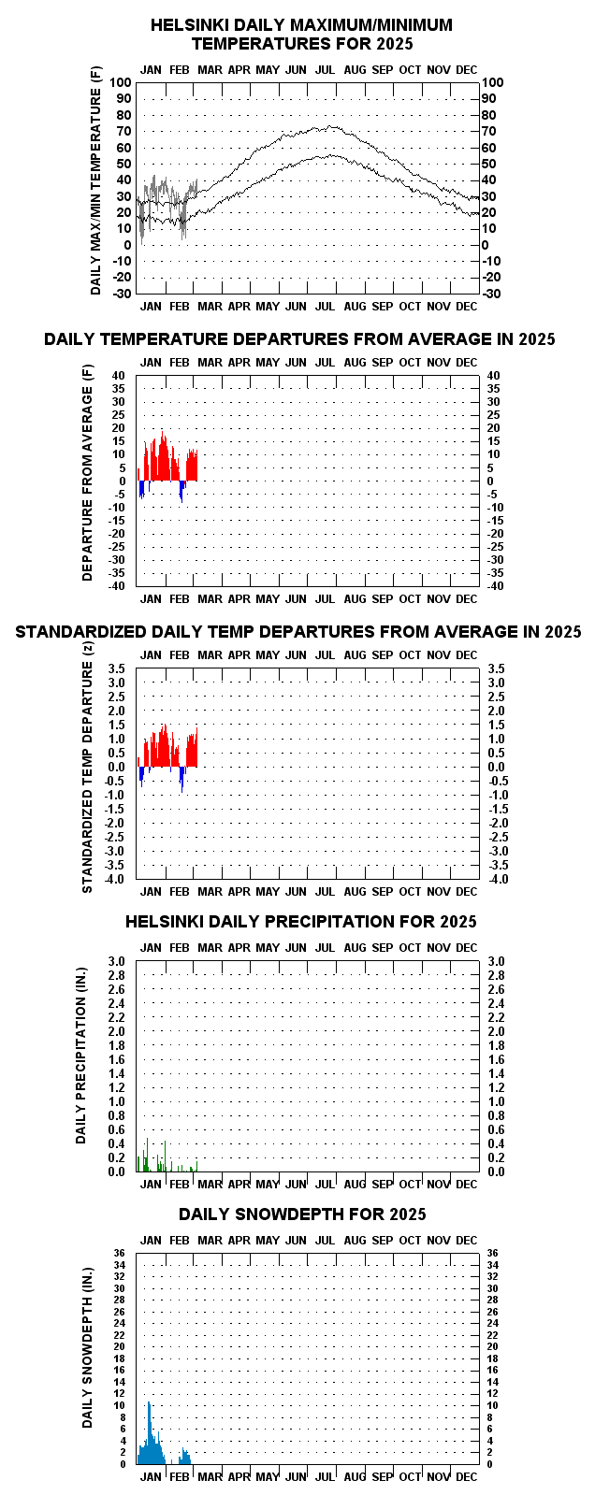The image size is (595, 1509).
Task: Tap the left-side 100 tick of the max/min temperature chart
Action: pyautogui.click(x=120, y=83)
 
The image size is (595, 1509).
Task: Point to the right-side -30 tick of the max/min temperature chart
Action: pyautogui.click(x=491, y=294)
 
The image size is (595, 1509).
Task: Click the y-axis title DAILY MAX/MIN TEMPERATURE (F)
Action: pyautogui.click(x=95, y=180)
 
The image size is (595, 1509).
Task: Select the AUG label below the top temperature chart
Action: pyautogui.click(x=356, y=307)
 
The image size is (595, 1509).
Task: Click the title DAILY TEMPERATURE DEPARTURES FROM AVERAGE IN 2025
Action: pyautogui.click(x=300, y=339)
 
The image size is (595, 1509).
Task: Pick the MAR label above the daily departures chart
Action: pyautogui.click(x=210, y=363)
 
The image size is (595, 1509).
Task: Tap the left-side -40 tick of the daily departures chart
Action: pyautogui.click(x=117, y=586)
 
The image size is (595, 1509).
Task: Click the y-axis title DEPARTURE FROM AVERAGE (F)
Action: pyautogui.click(x=87, y=473)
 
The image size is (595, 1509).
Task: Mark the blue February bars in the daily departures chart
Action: pyautogui.click(x=181, y=491)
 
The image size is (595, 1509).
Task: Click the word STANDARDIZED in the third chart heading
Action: pyautogui.click(x=81, y=632)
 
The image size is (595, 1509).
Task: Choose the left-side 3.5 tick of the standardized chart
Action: pyautogui.click(x=117, y=668)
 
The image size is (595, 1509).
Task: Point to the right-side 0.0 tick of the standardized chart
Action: pyautogui.click(x=496, y=768)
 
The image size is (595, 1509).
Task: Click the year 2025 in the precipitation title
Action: pyautogui.click(x=458, y=922)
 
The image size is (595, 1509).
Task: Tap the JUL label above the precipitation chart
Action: pyautogui.click(x=325, y=948)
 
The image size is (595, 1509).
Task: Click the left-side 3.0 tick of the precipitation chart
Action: pyautogui.click(x=117, y=961)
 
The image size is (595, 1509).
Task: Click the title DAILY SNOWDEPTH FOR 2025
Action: pyautogui.click(x=302, y=1214)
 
